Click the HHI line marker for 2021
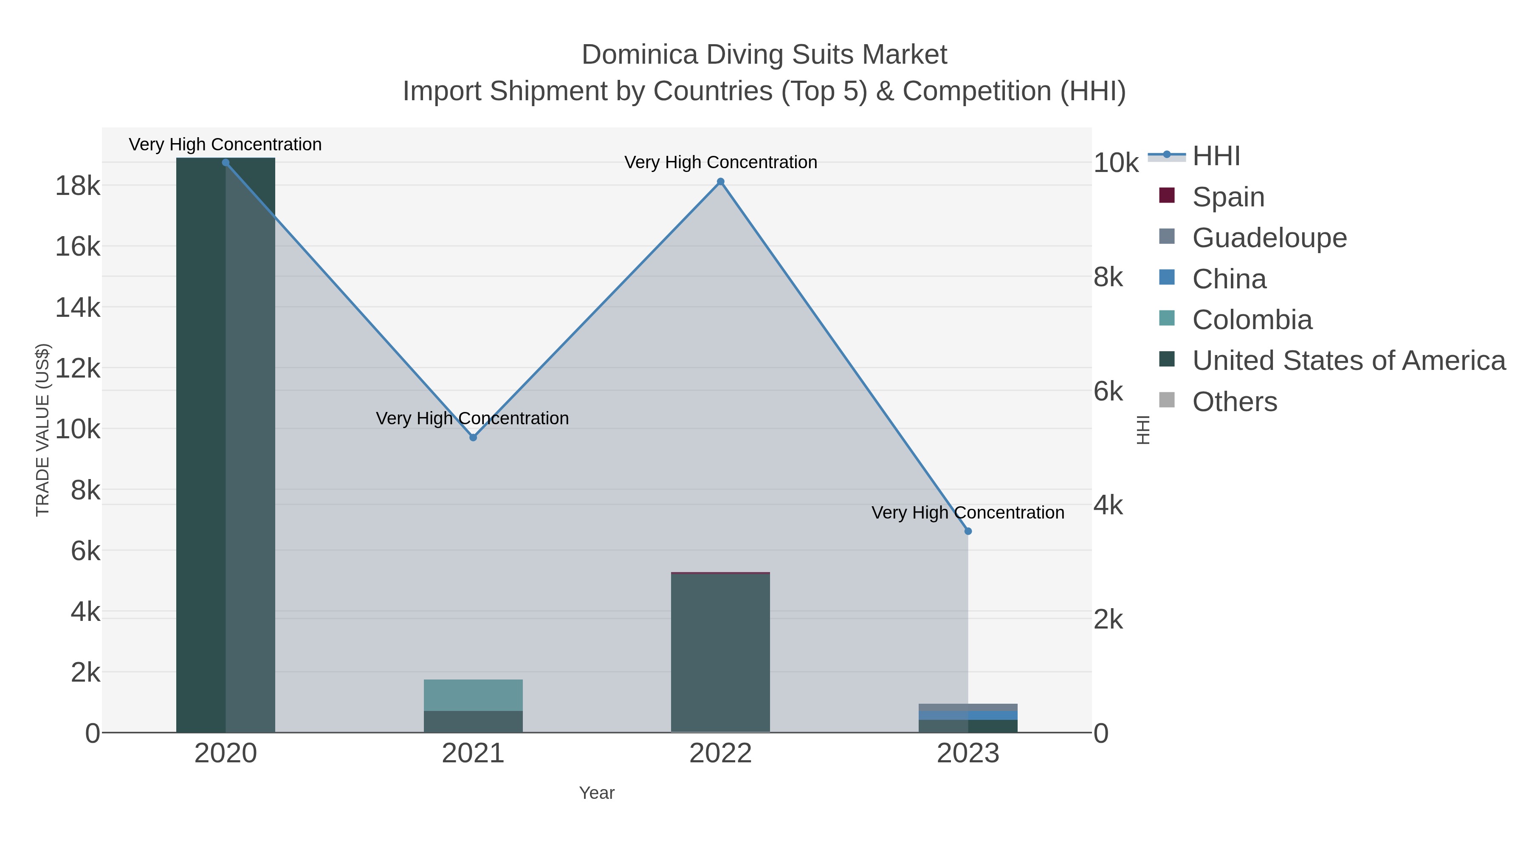click(473, 437)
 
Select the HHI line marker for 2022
click(721, 182)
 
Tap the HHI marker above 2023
click(968, 531)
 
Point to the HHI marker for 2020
click(226, 162)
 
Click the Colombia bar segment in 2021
click(473, 695)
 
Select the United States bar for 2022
click(721, 653)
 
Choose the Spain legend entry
click(1227, 197)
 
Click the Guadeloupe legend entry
click(1269, 238)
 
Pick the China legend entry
click(1229, 279)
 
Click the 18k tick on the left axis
click(77, 186)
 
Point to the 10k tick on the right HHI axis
click(1116, 163)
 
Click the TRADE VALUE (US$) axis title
click(43, 430)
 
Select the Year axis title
click(597, 793)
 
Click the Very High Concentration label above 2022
click(721, 162)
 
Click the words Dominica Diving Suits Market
click(764, 55)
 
